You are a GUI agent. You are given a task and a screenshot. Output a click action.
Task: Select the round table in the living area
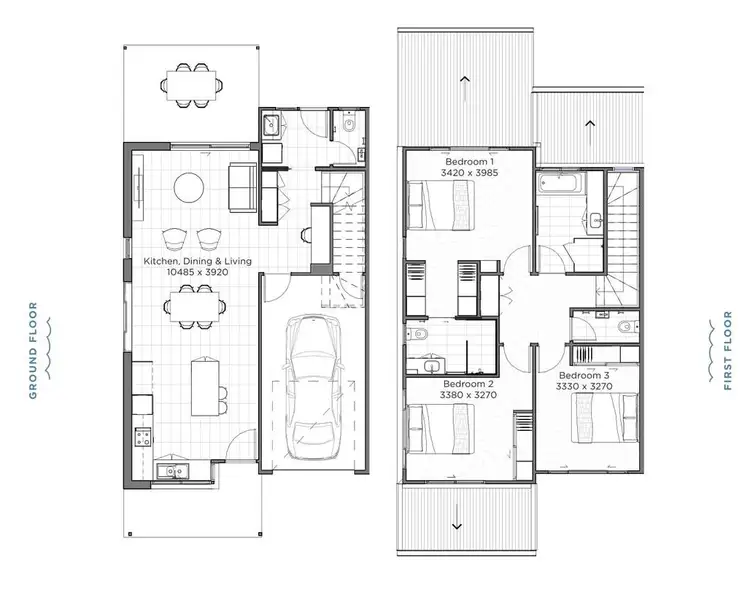coord(188,187)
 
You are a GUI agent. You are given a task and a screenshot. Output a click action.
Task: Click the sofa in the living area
coord(242,187)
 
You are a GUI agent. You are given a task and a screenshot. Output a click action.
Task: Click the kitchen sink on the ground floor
coord(171,470)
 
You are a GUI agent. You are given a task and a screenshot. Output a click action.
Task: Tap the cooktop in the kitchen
coord(142,436)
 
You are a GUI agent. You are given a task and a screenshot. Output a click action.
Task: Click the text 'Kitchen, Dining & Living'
coord(198,261)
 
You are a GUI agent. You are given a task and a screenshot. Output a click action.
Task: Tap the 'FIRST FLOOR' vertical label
coord(728,352)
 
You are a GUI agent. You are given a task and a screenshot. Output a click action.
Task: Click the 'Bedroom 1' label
coord(468,161)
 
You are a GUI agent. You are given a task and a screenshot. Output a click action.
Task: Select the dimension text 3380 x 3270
coord(467,396)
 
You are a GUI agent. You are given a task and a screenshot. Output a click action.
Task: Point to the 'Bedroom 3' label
coord(582,373)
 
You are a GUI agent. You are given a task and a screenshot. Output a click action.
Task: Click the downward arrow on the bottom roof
coord(457,525)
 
